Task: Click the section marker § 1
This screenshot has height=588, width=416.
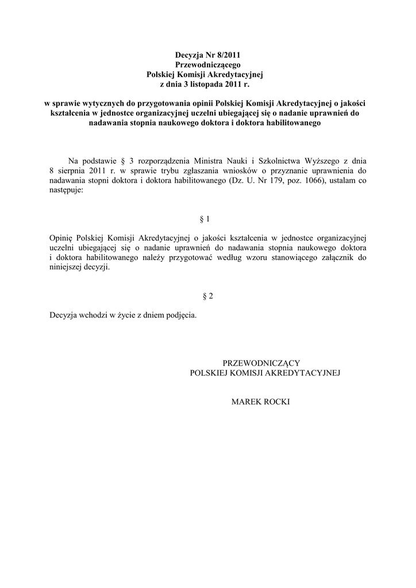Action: pyautogui.click(x=205, y=219)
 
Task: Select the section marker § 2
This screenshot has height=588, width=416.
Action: pyautogui.click(x=208, y=296)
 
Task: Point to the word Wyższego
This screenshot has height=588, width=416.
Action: pyautogui.click(x=319, y=160)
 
